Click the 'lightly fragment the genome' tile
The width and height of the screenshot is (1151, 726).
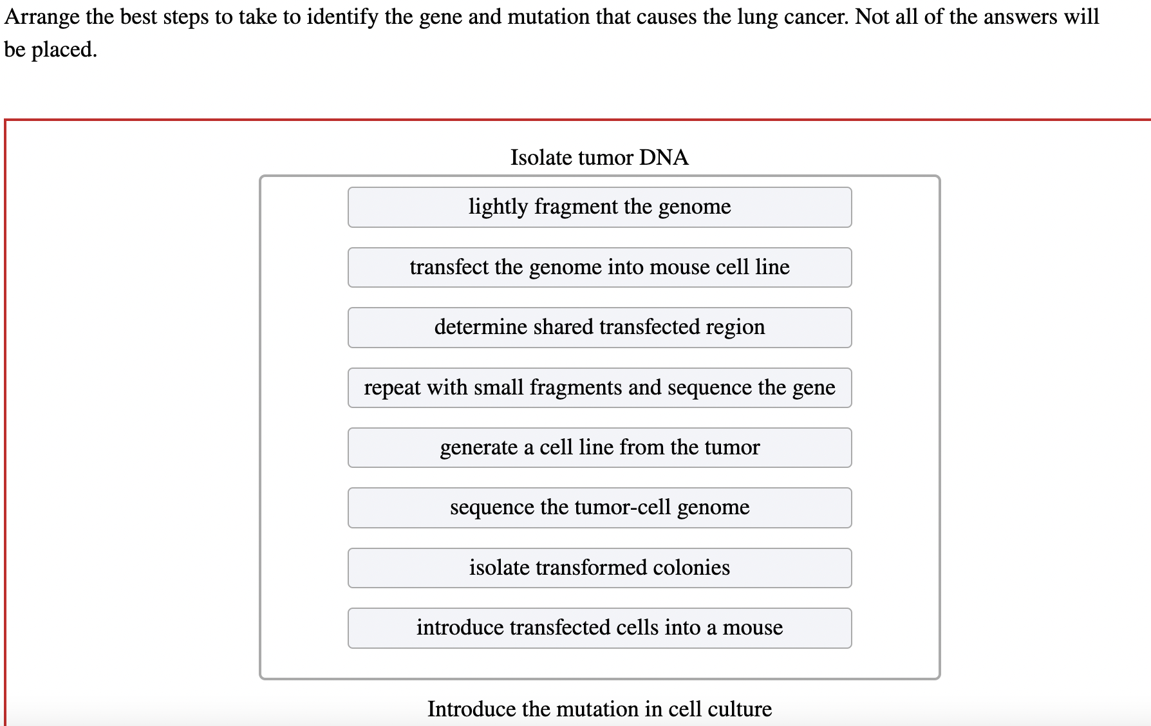pyautogui.click(x=599, y=207)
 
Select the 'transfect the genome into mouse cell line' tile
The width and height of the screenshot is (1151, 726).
pyautogui.click(x=599, y=267)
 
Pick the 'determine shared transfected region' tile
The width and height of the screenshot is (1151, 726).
pyautogui.click(x=599, y=328)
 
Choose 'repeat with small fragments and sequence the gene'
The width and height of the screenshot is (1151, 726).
pyautogui.click(x=599, y=387)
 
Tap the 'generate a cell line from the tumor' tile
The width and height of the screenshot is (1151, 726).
pyautogui.click(x=599, y=447)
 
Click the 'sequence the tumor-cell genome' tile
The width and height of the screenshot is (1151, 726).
pyautogui.click(x=599, y=508)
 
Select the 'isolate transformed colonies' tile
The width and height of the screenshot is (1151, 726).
pyautogui.click(x=599, y=568)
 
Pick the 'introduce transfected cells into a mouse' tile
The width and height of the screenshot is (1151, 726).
pyautogui.click(x=599, y=628)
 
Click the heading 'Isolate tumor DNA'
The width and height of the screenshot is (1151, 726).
pyautogui.click(x=599, y=157)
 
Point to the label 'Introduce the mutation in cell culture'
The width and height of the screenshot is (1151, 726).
pyautogui.click(x=599, y=709)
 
